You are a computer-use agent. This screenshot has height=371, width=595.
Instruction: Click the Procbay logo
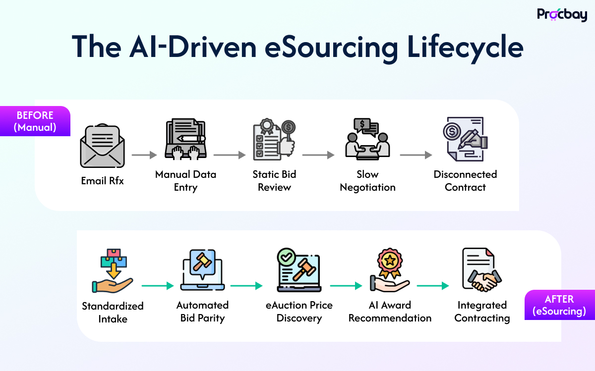click(x=562, y=14)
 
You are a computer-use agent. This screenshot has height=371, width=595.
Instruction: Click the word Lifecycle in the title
click(x=465, y=48)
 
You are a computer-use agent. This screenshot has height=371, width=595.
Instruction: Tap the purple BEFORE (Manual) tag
click(x=35, y=121)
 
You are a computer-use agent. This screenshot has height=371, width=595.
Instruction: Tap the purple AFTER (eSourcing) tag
click(x=559, y=305)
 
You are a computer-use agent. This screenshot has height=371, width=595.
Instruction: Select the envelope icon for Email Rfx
click(x=102, y=147)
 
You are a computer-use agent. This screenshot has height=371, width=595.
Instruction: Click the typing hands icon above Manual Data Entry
click(x=185, y=139)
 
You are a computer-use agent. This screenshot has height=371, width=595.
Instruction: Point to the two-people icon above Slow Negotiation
click(x=367, y=139)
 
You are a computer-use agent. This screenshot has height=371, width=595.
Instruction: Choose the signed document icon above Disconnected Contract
click(x=465, y=139)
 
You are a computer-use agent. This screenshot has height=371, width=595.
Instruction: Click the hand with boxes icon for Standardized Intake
click(x=113, y=271)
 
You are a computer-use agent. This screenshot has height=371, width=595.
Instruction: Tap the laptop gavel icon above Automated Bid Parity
click(x=202, y=270)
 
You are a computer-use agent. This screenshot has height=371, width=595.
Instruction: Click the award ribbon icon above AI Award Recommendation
click(x=389, y=270)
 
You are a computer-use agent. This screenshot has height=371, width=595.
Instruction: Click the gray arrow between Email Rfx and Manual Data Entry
click(x=144, y=155)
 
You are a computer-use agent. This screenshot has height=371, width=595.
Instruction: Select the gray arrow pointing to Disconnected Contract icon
click(x=416, y=155)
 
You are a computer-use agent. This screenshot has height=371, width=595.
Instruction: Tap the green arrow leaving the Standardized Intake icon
click(x=158, y=286)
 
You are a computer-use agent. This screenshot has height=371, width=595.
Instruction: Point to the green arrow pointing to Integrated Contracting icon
click(x=432, y=286)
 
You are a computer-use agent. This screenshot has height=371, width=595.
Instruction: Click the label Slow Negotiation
click(x=367, y=181)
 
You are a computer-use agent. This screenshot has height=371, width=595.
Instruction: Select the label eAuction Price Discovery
click(x=299, y=312)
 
